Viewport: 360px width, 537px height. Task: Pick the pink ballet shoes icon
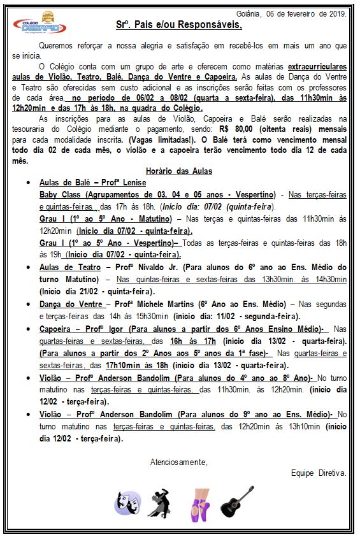(x=201, y=503)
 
